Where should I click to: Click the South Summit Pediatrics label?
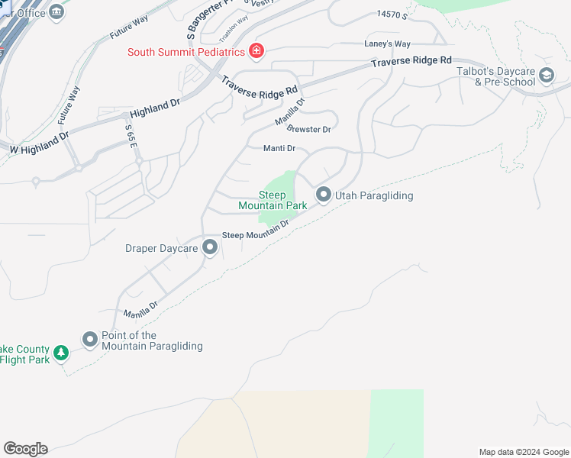pos(185,52)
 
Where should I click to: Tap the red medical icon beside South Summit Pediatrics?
pos(257,51)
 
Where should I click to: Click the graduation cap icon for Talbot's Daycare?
pos(546,75)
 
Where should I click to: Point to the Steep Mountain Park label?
pos(273,200)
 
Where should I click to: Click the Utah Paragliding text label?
pos(374,196)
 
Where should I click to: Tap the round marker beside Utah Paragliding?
pos(323,195)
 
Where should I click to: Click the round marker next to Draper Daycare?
pos(210,247)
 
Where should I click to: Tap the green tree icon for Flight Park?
pos(62,353)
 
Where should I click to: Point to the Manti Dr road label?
pos(279,149)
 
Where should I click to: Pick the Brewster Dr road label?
pos(309,129)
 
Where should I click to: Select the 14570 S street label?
pos(393,15)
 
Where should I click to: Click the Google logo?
pos(25,449)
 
